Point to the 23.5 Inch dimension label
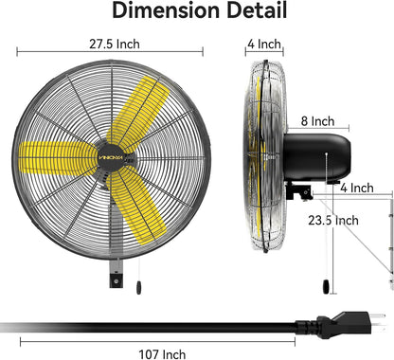point(335,220)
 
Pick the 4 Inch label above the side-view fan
point(264,44)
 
